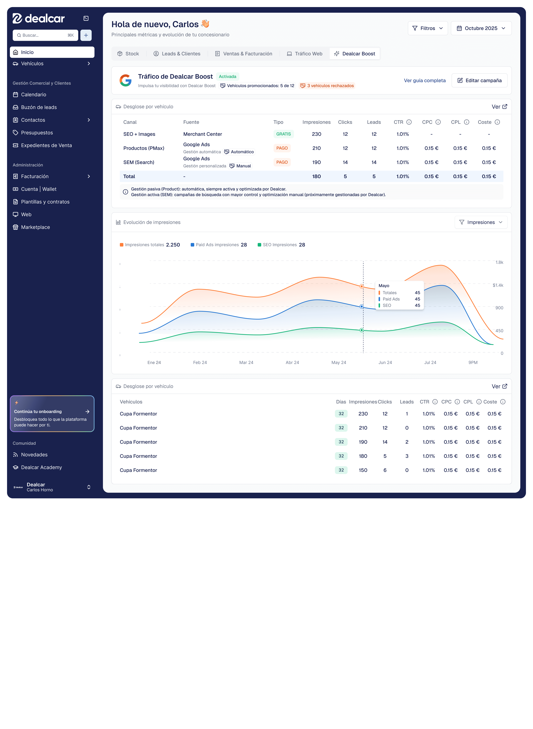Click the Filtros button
click(x=427, y=28)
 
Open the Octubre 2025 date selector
click(x=481, y=28)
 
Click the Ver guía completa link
click(x=425, y=80)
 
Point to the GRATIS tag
click(x=283, y=134)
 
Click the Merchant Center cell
click(x=203, y=134)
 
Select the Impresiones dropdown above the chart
click(x=481, y=222)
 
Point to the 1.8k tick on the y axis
click(x=499, y=262)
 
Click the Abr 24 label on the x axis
click(x=292, y=362)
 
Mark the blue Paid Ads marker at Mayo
click(x=362, y=307)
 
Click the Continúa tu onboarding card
click(x=52, y=414)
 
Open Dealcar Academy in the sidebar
click(x=41, y=467)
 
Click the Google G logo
click(x=125, y=80)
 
